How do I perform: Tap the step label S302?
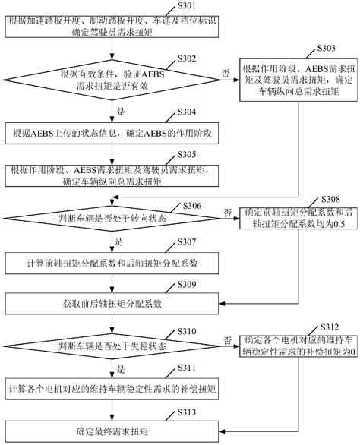point(187,59)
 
